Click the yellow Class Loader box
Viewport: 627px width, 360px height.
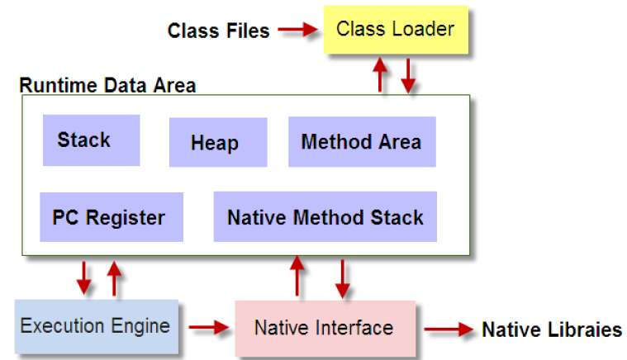pos(396,30)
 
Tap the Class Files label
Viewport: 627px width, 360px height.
pos(218,31)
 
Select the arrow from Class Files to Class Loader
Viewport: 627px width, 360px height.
pos(298,29)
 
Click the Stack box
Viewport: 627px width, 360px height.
pos(91,140)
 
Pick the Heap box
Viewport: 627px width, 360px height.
pos(218,142)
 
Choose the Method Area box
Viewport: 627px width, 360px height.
pos(362,142)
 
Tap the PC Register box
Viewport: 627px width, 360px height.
pos(112,217)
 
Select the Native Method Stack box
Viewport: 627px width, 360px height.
pos(325,216)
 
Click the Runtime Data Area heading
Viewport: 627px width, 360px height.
pos(107,85)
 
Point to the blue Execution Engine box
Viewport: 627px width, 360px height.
pos(97,326)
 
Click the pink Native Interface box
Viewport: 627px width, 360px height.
pos(325,328)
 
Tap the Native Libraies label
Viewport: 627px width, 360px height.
pos(552,329)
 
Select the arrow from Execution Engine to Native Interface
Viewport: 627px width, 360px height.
pos(209,327)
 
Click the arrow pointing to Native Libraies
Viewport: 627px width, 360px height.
pos(449,329)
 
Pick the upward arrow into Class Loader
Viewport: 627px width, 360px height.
pos(380,75)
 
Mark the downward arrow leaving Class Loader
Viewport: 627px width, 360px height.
pos(408,76)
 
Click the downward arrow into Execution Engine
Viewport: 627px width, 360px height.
pos(83,278)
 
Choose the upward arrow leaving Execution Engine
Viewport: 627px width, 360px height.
pos(114,278)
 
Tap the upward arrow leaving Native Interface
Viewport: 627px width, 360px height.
pos(297,276)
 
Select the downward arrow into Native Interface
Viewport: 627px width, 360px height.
pos(343,279)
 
